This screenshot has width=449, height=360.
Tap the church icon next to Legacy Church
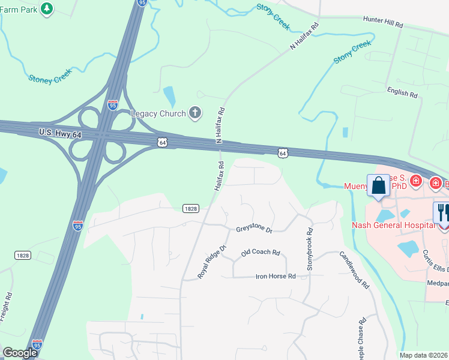194,112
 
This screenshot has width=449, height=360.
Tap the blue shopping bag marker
379,186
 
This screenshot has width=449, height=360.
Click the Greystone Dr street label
254,230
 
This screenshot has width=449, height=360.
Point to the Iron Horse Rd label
276,277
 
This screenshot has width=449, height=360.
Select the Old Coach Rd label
261,253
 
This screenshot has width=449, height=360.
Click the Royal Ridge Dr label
212,262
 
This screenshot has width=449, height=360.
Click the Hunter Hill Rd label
382,23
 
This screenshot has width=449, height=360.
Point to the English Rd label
402,93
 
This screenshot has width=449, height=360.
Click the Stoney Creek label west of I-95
50,75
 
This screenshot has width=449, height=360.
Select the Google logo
20,353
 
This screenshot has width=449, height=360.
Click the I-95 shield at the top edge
142,3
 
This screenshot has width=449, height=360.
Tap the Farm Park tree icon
47,8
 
